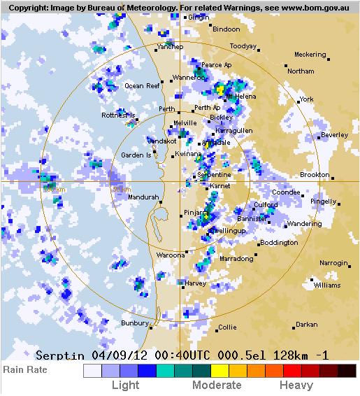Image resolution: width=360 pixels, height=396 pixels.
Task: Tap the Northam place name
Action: (301, 71)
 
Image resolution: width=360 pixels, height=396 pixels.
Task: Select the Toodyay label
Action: (243, 46)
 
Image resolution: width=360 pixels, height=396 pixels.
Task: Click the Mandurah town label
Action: (143, 197)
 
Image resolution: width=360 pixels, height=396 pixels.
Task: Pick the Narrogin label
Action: (333, 263)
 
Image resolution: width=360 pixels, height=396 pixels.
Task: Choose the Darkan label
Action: (306, 325)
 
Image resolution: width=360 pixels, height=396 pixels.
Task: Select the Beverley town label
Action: (334, 135)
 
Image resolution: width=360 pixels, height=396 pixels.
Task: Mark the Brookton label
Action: (315, 175)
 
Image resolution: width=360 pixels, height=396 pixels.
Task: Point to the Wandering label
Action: (304, 224)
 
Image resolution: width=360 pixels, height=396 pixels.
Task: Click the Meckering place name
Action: (310, 55)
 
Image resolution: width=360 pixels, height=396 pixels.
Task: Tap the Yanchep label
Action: (170, 47)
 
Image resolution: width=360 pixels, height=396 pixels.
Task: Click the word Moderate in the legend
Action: (216, 385)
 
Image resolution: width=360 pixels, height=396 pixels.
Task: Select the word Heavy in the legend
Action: (296, 385)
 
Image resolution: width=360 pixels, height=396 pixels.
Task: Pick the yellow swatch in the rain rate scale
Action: (219, 371)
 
